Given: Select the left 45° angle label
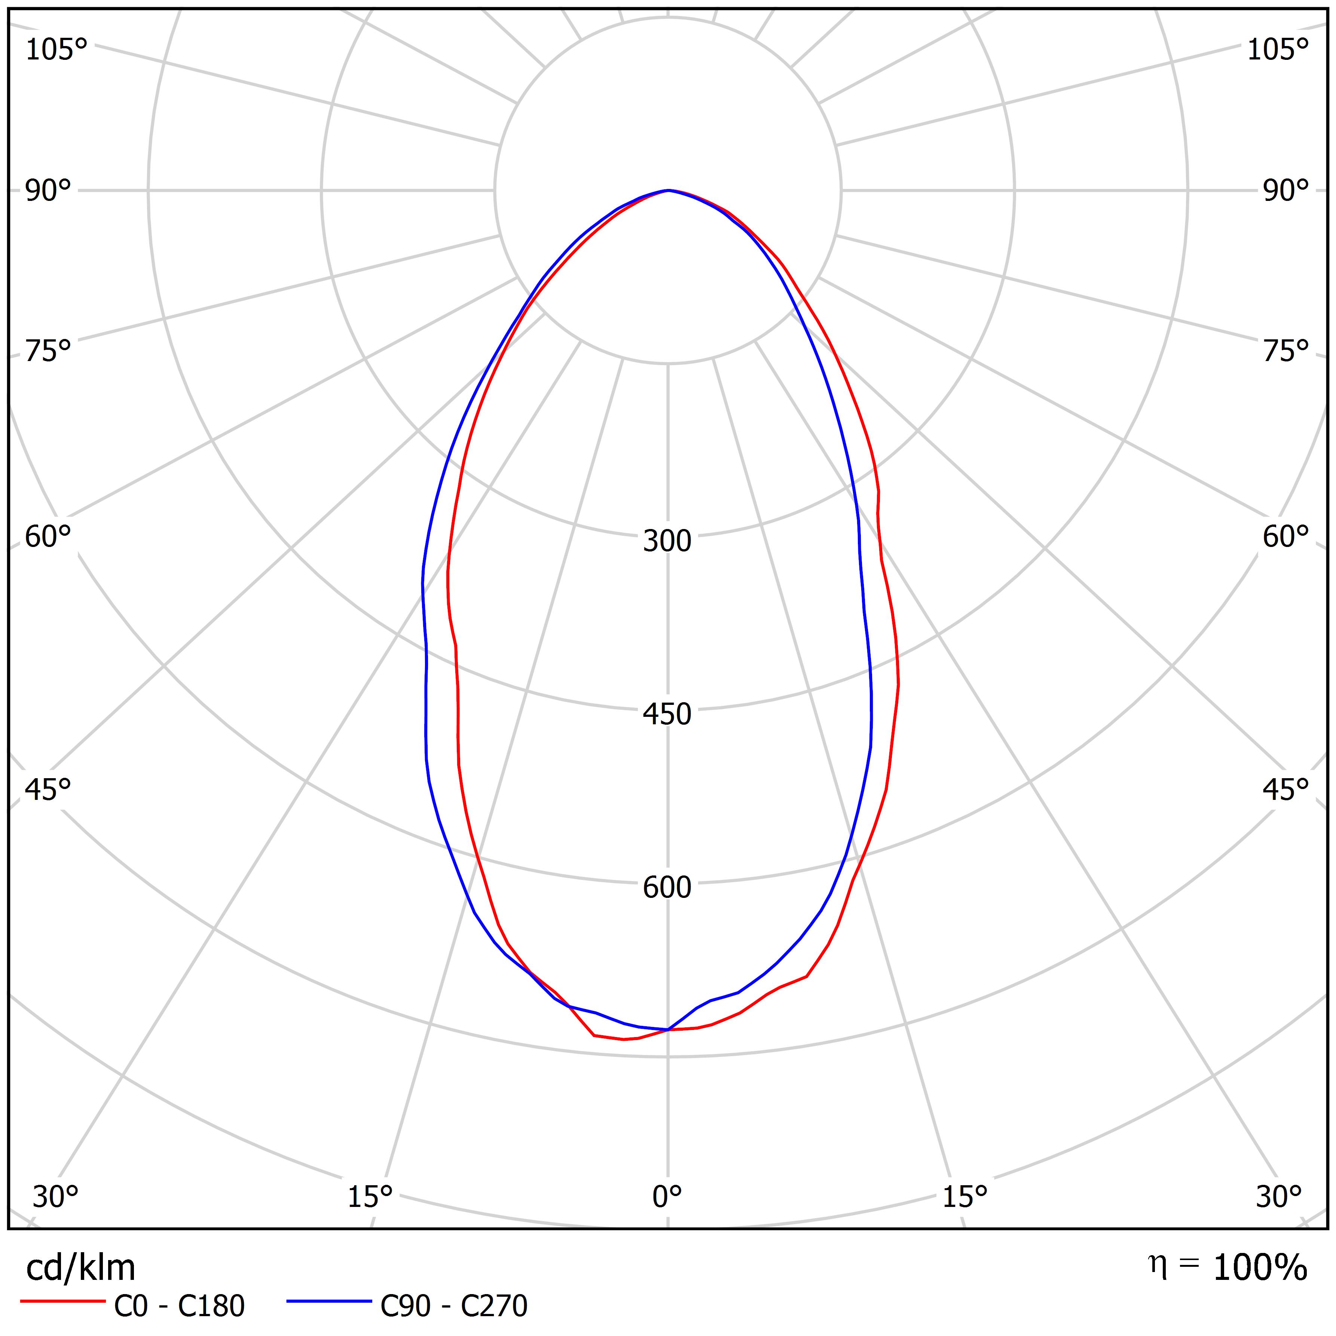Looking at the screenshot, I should coord(48,789).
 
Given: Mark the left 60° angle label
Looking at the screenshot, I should coord(48,536).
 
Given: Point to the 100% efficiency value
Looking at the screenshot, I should coord(1260,1268).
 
